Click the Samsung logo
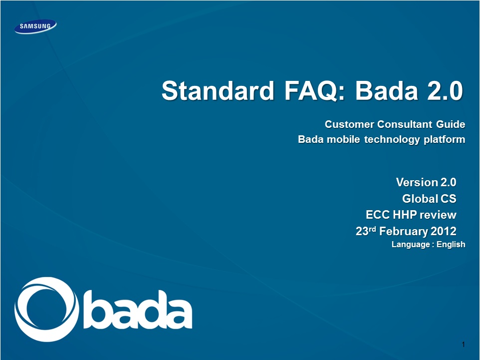[x=35, y=26]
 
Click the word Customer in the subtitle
[x=349, y=124]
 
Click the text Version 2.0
[x=426, y=182]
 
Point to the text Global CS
[x=429, y=199]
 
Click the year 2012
[x=444, y=231]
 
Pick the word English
[x=451, y=245]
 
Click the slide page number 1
[x=464, y=345]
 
